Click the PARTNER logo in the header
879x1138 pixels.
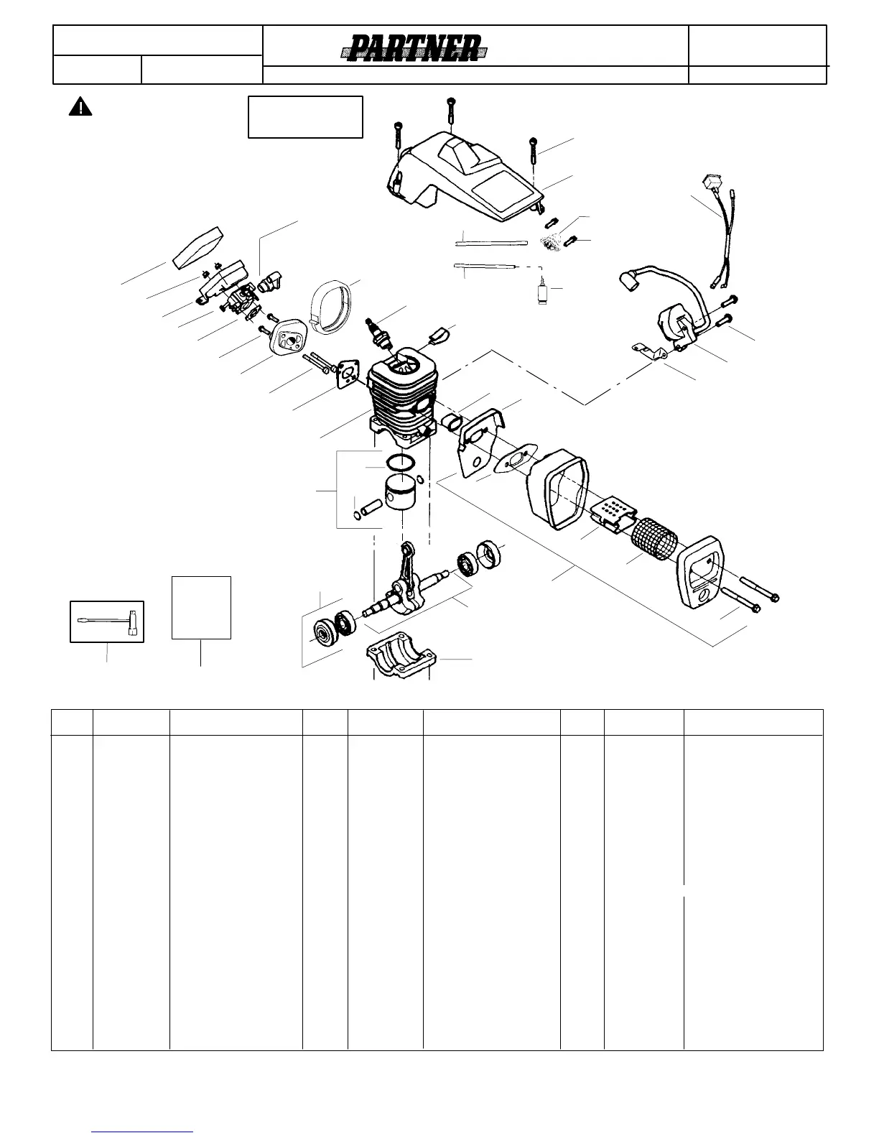pos(414,49)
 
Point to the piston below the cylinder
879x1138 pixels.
pos(402,493)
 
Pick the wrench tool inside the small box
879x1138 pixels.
pos(107,621)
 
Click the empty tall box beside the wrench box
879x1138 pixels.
pos(201,607)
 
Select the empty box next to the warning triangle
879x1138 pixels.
pos(305,116)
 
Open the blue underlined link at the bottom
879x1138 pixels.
pos(143,1131)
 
